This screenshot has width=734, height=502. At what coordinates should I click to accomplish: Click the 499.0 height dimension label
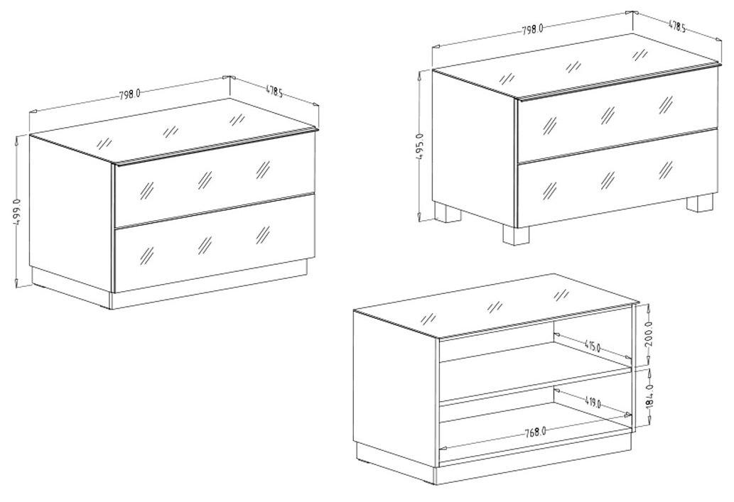[x=17, y=212]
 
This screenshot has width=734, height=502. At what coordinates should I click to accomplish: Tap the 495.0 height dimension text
[x=419, y=146]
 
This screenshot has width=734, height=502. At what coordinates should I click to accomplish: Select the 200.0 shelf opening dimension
[x=649, y=334]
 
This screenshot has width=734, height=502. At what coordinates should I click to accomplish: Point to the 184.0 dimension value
[x=649, y=397]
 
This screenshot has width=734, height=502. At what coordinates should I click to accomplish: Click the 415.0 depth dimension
[x=592, y=347]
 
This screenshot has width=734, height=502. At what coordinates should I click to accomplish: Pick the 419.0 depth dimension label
[x=593, y=401]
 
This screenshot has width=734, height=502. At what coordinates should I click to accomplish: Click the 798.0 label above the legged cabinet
[x=532, y=28]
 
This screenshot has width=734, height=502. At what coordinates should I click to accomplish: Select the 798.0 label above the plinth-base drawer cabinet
[x=129, y=94]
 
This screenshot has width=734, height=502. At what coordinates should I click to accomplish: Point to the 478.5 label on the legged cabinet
[x=677, y=27]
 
